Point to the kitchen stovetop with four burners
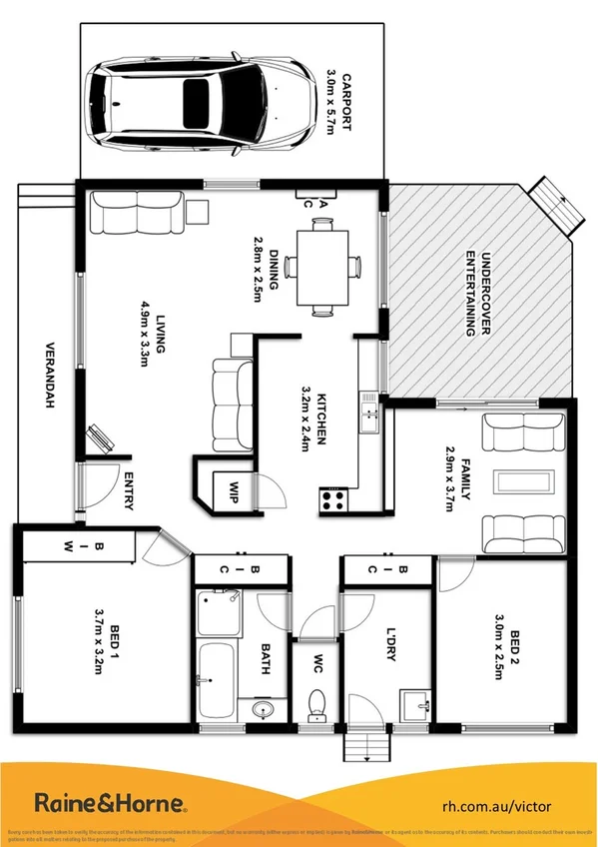point(333,498)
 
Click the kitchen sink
point(370,412)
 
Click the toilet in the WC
point(316,703)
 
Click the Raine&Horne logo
point(111,803)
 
